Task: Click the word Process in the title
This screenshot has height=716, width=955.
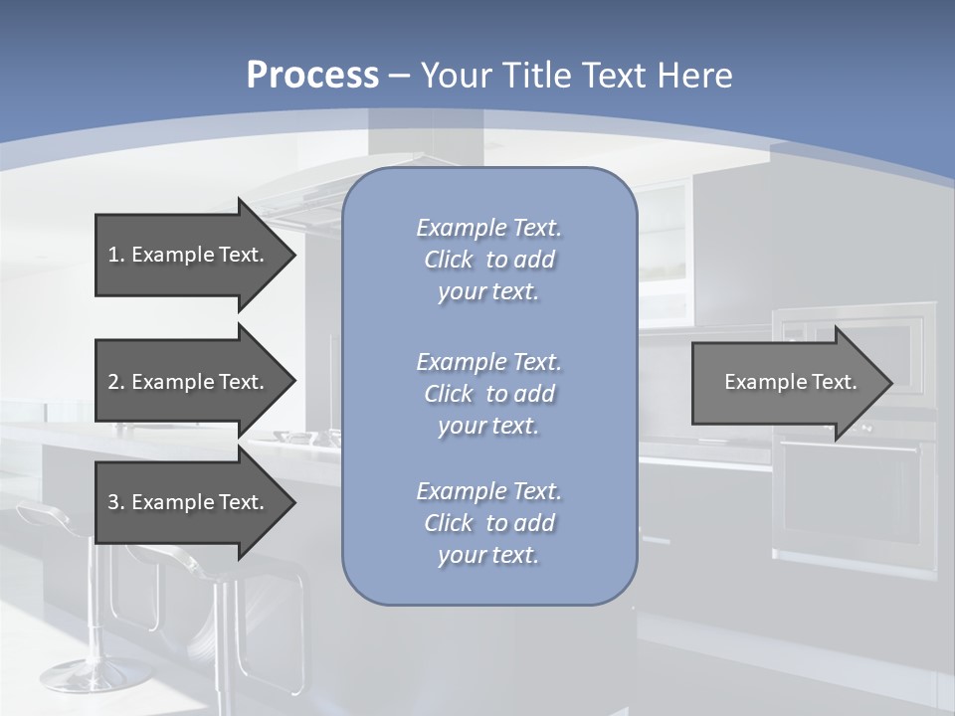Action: pyautogui.click(x=312, y=75)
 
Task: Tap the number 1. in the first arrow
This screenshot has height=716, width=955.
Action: pyautogui.click(x=116, y=255)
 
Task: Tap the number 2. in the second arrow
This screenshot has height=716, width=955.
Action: pyautogui.click(x=116, y=382)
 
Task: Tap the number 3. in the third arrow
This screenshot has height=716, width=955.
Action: pyautogui.click(x=116, y=502)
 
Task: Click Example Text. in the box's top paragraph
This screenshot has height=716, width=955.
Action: pyautogui.click(x=488, y=228)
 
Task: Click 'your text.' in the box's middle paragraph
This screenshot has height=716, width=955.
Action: pyautogui.click(x=488, y=426)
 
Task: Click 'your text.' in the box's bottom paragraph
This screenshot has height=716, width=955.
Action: pyautogui.click(x=488, y=555)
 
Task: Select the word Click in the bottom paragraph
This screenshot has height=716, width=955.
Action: pyautogui.click(x=449, y=523)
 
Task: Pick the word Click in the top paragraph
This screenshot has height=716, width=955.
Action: pyautogui.click(x=449, y=260)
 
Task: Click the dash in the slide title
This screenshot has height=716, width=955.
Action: pyautogui.click(x=400, y=76)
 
